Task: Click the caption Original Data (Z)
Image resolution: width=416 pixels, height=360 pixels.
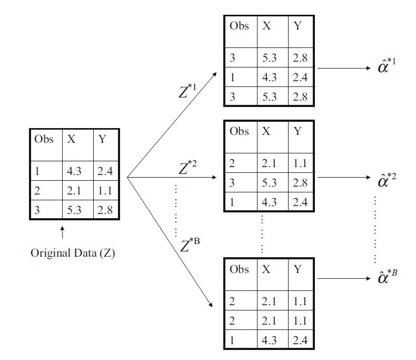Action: (x=73, y=253)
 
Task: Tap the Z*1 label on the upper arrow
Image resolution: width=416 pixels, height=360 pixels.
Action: (x=187, y=91)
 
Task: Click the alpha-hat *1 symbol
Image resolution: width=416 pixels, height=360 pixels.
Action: (x=387, y=68)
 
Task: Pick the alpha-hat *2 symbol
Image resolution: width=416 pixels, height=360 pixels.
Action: (x=387, y=180)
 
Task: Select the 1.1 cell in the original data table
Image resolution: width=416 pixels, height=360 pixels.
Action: (x=105, y=191)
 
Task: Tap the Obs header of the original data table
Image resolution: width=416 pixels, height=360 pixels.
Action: (x=44, y=140)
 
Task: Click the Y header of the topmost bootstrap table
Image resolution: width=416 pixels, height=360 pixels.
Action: (x=298, y=26)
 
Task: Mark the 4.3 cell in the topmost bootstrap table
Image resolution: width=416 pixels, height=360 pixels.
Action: (x=270, y=77)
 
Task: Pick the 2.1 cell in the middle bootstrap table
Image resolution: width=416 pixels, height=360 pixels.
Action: (x=270, y=163)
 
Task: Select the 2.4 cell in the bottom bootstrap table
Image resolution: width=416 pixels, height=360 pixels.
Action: (x=300, y=340)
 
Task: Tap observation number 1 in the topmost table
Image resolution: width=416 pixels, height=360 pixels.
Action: (x=232, y=77)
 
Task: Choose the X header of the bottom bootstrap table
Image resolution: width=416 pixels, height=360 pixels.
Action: (x=266, y=269)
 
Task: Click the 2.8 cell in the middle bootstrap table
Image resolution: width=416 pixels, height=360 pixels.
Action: (x=300, y=183)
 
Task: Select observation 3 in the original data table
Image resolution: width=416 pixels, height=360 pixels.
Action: (x=37, y=210)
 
